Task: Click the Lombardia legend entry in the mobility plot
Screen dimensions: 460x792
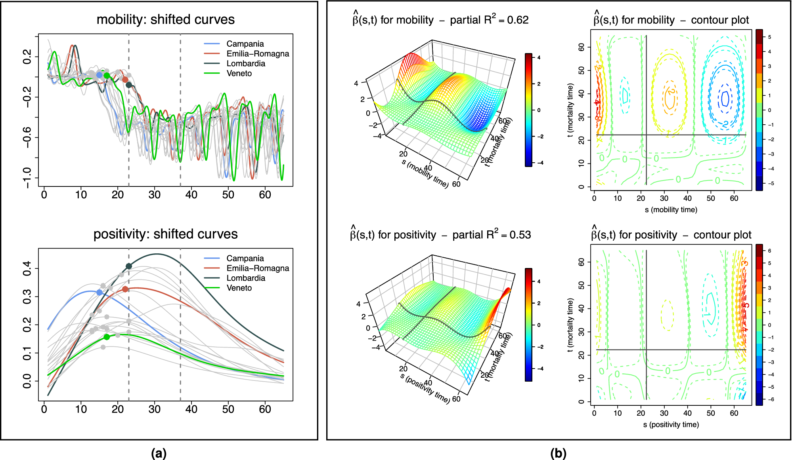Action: tap(245, 63)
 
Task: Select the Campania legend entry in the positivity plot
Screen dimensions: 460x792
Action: tap(245, 258)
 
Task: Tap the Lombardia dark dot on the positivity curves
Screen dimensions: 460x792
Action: tap(129, 266)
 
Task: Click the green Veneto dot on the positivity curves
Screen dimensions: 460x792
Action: tap(107, 337)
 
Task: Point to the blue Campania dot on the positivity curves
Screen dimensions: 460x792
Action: tap(99, 292)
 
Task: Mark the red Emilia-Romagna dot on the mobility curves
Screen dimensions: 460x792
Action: tap(125, 80)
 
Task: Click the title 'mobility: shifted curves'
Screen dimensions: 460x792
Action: tap(165, 19)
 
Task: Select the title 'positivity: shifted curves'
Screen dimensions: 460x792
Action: tap(165, 234)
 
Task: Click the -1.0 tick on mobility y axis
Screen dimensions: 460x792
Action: tap(27, 178)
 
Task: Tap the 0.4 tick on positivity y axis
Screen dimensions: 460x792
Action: tap(27, 268)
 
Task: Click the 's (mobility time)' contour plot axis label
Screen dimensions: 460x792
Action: tap(671, 209)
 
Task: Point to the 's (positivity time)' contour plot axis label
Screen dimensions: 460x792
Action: tap(671, 424)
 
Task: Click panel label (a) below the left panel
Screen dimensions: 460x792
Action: tap(159, 453)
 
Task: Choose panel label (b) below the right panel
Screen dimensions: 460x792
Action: tap(558, 453)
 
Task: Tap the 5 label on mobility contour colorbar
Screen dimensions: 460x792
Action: tap(769, 37)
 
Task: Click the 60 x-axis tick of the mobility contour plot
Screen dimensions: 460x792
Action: tap(734, 198)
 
